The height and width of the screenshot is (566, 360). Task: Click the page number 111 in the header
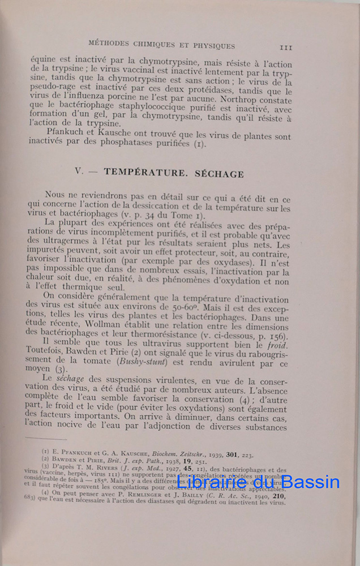pos(285,48)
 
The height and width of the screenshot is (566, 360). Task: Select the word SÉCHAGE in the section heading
pos(220,174)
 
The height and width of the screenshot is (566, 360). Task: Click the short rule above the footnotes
pos(48,438)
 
